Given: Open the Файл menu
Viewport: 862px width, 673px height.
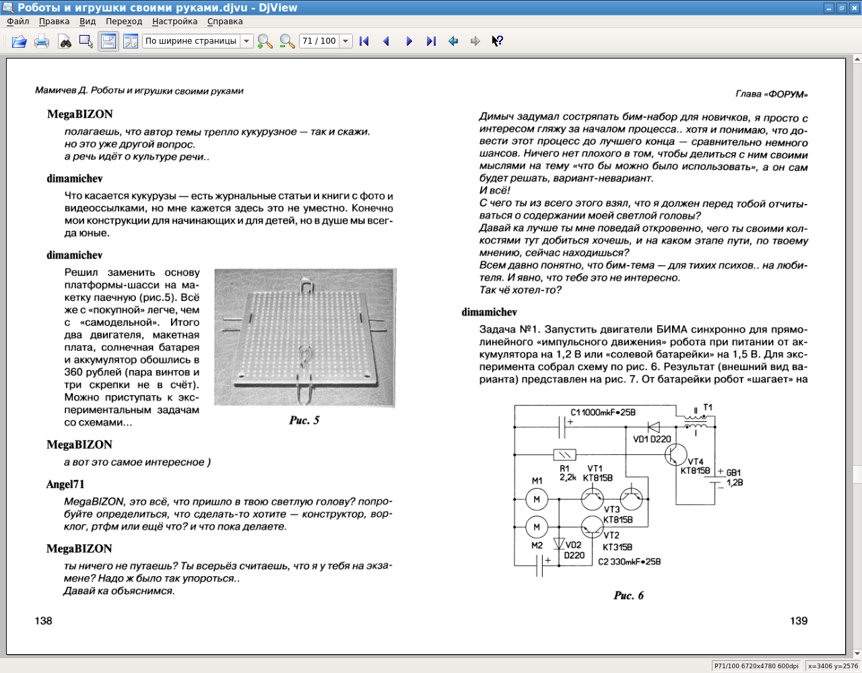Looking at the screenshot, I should (x=18, y=22).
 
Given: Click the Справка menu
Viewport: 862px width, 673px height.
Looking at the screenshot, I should (x=225, y=22).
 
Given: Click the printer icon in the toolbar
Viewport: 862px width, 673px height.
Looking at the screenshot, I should (x=42, y=41).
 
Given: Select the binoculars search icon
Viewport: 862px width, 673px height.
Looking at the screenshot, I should (x=65, y=41).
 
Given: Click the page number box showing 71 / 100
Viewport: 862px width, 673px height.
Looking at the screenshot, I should (x=319, y=41).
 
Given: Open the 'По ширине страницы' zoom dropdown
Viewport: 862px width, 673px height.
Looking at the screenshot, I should (x=246, y=41).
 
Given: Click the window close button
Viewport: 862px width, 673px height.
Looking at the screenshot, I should (x=855, y=8).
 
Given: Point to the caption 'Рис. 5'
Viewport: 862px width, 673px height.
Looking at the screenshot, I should (x=304, y=420).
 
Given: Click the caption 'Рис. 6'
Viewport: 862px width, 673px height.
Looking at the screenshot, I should (x=628, y=595).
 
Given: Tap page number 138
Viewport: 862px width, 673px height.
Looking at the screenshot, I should (x=44, y=621).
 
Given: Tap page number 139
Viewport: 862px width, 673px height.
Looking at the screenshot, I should (x=799, y=621).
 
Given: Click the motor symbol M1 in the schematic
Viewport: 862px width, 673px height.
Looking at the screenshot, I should (x=537, y=499).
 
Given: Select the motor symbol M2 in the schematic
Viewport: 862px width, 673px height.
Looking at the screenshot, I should (x=537, y=527).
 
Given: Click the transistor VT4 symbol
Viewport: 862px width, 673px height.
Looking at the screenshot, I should (x=675, y=454).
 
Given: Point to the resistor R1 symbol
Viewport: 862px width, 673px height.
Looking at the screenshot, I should (x=564, y=454).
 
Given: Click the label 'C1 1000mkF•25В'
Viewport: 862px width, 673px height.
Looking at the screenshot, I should (x=603, y=413).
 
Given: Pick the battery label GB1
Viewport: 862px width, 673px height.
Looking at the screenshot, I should (x=733, y=472).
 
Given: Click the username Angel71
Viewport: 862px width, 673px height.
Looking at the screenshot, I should (x=65, y=484).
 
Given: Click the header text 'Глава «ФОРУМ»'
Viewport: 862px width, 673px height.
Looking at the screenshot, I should (x=772, y=94).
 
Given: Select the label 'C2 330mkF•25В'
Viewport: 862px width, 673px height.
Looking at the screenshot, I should (x=629, y=561).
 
